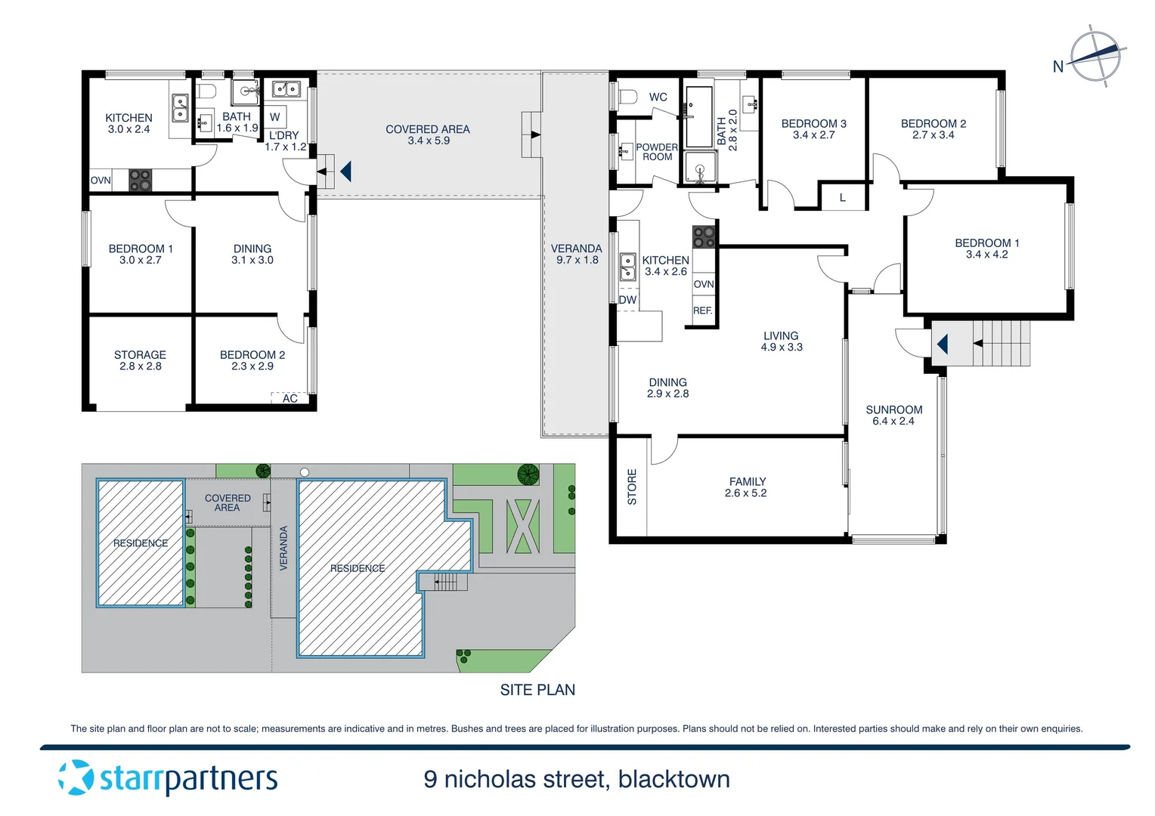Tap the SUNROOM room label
tap(893, 410)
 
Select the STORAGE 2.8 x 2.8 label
tap(141, 360)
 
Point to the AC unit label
tap(290, 398)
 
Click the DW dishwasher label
tap(627, 300)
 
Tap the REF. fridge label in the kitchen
tap(703, 311)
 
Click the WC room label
tap(658, 97)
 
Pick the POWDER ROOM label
tap(657, 152)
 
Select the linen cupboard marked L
tap(843, 197)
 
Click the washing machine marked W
tap(275, 117)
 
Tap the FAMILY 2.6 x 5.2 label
tap(747, 487)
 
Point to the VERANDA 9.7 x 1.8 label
tap(577, 255)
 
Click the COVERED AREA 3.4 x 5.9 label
tap(428, 135)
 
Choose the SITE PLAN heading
tap(537, 690)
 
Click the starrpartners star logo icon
tap(76, 777)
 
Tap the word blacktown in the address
tap(674, 780)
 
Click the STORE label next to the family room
tap(632, 487)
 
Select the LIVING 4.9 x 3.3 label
tap(781, 342)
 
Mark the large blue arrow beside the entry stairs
tap(943, 344)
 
